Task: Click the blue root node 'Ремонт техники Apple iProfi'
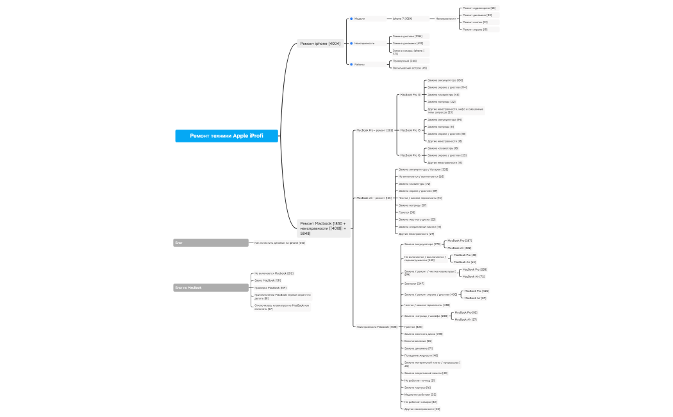tap(227, 136)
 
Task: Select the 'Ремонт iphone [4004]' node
tap(320, 44)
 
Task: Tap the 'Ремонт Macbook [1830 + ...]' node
tap(323, 228)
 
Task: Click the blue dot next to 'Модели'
tap(351, 19)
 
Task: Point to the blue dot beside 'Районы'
tap(351, 64)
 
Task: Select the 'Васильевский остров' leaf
tap(410, 68)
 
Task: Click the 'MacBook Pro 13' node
tap(410, 94)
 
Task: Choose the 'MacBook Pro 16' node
tap(410, 155)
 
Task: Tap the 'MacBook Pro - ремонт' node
tap(374, 130)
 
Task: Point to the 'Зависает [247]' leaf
tap(414, 284)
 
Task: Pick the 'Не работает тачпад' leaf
tap(420, 380)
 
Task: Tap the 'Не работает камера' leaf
tap(420, 402)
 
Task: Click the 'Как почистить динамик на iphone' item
tap(279, 243)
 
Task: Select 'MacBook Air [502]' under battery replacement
tap(459, 248)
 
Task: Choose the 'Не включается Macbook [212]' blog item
tap(274, 273)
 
